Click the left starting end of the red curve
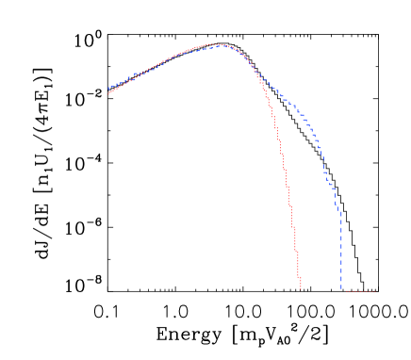[108, 93]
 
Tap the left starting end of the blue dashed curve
[108, 89]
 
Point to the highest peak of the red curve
[214, 43]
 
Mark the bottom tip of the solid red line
[300, 288]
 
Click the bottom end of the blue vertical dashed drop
[341, 289]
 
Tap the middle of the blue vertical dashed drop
[341, 250]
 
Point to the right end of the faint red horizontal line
[375, 291]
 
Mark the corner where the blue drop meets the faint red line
[342, 290]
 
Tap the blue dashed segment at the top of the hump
[222, 45]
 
